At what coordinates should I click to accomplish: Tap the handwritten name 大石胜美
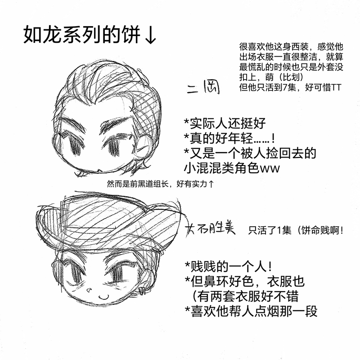[x=211, y=229]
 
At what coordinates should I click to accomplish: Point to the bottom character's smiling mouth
[x=103, y=297]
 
